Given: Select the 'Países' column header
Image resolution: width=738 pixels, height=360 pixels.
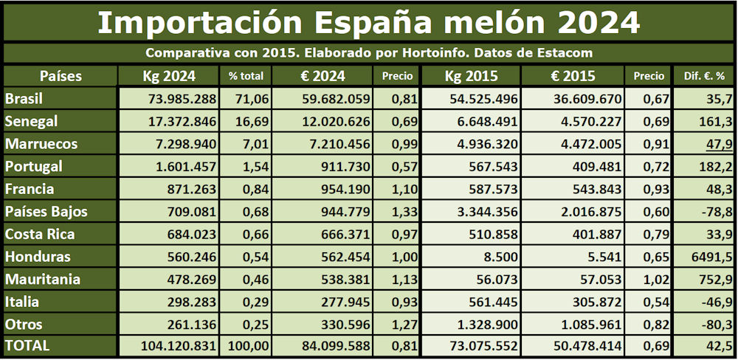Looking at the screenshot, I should pos(60,76).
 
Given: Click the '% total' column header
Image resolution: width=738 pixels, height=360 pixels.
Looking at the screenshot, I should pos(246,76).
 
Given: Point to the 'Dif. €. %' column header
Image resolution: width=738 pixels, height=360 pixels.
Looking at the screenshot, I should pos(703,76).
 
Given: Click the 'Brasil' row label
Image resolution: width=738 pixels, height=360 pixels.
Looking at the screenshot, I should pos(24,99).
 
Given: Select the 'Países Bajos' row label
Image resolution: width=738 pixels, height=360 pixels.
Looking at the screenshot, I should pos(46,212).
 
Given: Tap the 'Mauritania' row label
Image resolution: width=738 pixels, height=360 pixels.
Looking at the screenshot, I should pos(42,280).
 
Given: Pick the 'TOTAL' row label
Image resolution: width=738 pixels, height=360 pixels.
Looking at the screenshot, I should pos(27,346).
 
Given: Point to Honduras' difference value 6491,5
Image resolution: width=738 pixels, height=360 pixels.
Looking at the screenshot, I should pos(711,257).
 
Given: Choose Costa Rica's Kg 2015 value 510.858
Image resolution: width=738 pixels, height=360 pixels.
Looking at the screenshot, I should pos(490,235).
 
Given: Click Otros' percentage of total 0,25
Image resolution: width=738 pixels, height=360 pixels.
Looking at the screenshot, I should pos(257,325).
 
